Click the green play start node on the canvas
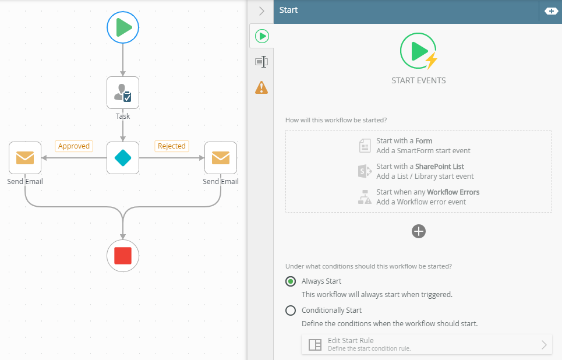click(x=122, y=27)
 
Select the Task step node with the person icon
click(x=122, y=93)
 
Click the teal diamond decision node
click(x=122, y=158)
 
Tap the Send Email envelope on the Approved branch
click(x=25, y=158)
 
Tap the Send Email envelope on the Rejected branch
click(x=220, y=158)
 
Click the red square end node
click(x=122, y=256)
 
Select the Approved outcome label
click(x=74, y=146)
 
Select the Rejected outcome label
click(x=172, y=146)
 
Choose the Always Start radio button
click(x=291, y=281)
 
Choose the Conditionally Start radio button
click(x=291, y=310)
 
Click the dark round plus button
click(x=419, y=231)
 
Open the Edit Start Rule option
click(x=427, y=344)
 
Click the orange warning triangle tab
click(x=261, y=87)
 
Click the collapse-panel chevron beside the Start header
click(x=261, y=11)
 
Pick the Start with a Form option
click(x=415, y=146)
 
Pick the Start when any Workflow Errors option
click(x=419, y=197)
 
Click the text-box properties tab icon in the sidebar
click(x=261, y=62)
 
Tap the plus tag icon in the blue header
click(x=552, y=11)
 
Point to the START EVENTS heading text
click(x=419, y=80)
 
